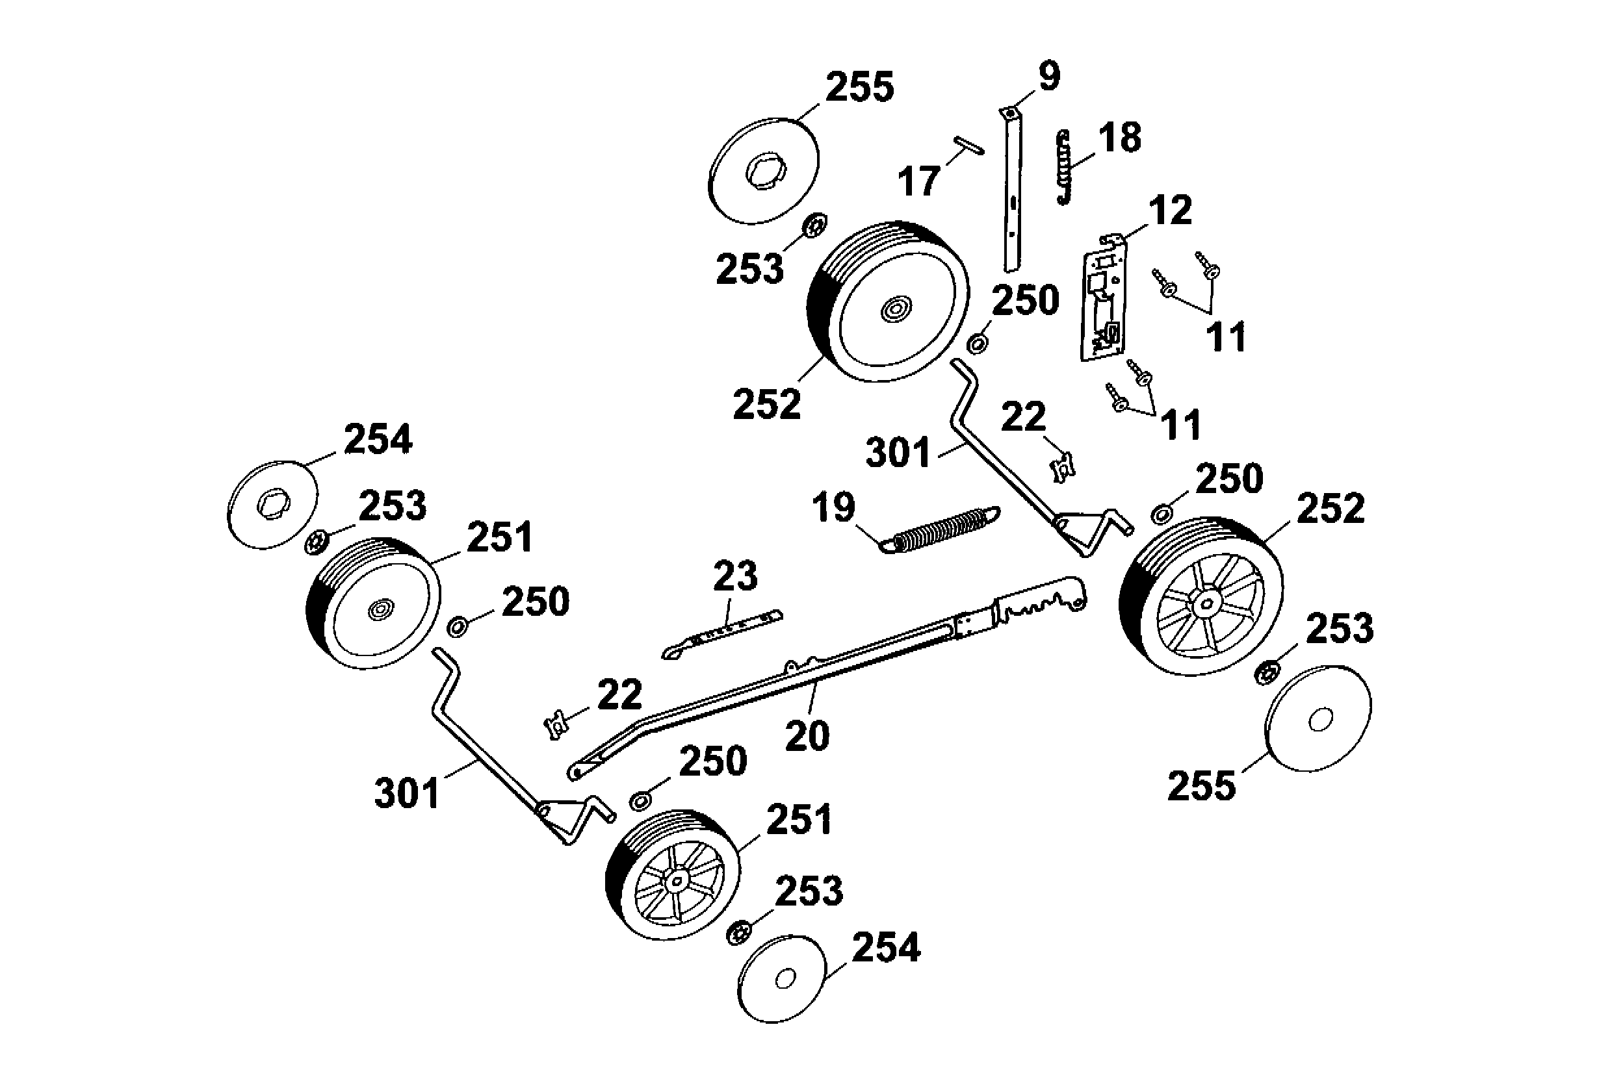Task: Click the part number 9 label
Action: [1049, 77]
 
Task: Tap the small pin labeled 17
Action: [968, 146]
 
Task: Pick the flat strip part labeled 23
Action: [723, 633]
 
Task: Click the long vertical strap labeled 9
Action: [1012, 193]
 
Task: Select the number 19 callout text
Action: [833, 507]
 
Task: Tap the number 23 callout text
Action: [735, 576]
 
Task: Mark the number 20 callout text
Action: [807, 736]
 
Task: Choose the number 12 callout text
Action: [1170, 210]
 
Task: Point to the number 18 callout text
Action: [1120, 138]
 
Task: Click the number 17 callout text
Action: [919, 182]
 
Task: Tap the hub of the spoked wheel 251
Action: [677, 882]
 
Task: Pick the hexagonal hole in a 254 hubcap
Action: [272, 507]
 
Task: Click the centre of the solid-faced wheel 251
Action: [380, 609]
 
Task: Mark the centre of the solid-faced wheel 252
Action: [896, 310]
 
